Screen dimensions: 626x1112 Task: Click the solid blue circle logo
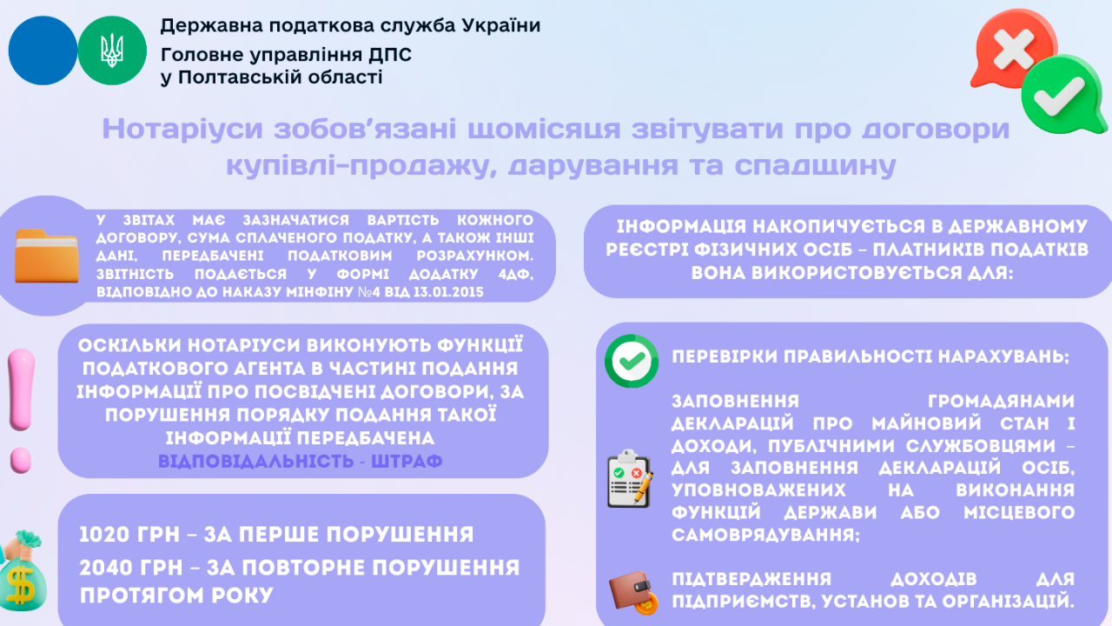(43, 50)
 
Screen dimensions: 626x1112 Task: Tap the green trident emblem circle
(112, 50)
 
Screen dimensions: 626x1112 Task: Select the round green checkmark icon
(632, 360)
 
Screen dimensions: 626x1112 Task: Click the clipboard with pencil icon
(629, 478)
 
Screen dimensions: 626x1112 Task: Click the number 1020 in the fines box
(108, 534)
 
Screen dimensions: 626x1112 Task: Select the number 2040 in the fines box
(109, 568)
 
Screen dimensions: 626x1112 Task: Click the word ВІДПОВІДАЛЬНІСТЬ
(255, 461)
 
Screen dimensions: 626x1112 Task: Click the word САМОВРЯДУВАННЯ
(765, 535)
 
